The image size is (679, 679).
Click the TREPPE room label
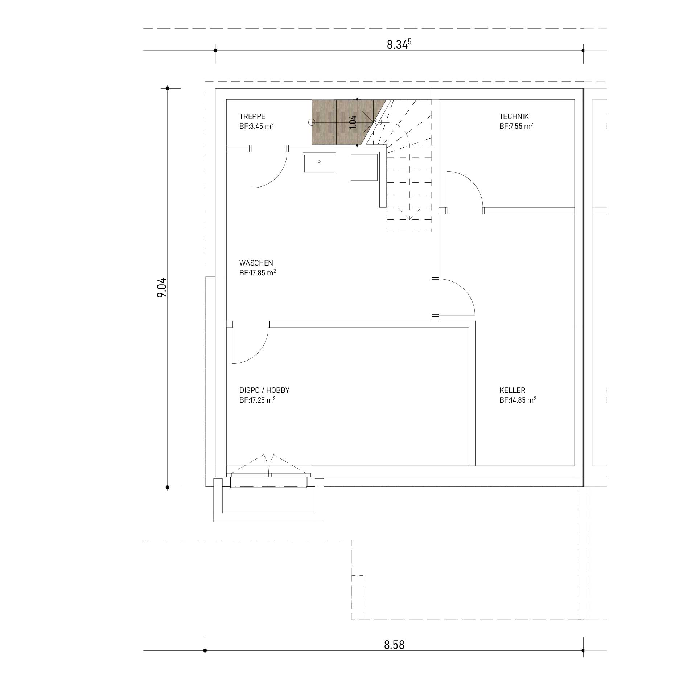tap(252, 116)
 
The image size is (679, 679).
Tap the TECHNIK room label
tap(514, 116)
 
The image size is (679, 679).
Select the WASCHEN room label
tap(256, 263)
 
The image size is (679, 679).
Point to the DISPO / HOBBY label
tap(264, 390)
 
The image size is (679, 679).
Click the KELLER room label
tap(512, 390)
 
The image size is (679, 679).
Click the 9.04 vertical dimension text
tap(161, 287)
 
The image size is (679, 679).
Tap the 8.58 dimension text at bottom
tap(394, 645)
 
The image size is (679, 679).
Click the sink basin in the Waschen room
tap(319, 163)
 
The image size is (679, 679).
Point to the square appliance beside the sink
tap(364, 167)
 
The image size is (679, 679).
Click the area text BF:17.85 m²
tap(258, 273)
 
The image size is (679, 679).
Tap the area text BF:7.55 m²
tap(516, 126)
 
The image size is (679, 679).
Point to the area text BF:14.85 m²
tap(518, 400)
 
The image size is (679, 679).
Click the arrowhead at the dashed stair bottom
tap(409, 217)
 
